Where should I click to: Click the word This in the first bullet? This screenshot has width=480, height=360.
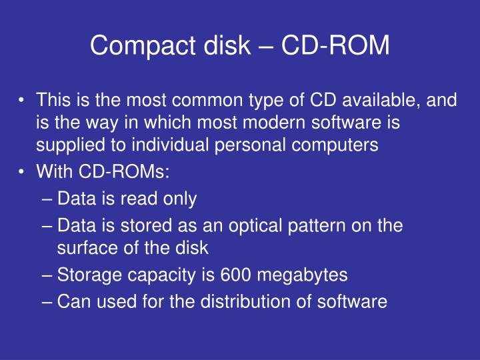point(53,101)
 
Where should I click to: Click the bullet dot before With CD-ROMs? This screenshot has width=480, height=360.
point(23,172)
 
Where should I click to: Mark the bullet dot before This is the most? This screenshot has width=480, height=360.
point(23,101)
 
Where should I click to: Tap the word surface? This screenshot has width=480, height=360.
point(83,248)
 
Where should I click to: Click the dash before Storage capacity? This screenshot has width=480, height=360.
point(48,275)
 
